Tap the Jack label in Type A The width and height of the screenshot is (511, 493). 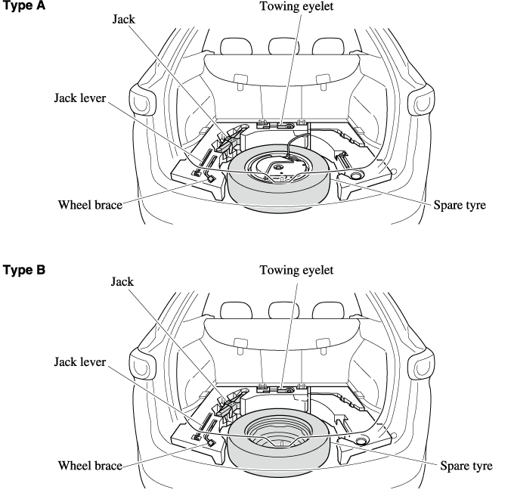pyautogui.click(x=122, y=20)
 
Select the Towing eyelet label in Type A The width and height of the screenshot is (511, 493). pyautogui.click(x=296, y=8)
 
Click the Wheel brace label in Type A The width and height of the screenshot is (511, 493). pyautogui.click(x=90, y=204)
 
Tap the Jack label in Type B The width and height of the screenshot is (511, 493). pyautogui.click(x=122, y=282)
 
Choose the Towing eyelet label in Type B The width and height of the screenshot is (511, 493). pyautogui.click(x=296, y=270)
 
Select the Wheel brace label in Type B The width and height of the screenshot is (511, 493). pyautogui.click(x=90, y=467)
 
